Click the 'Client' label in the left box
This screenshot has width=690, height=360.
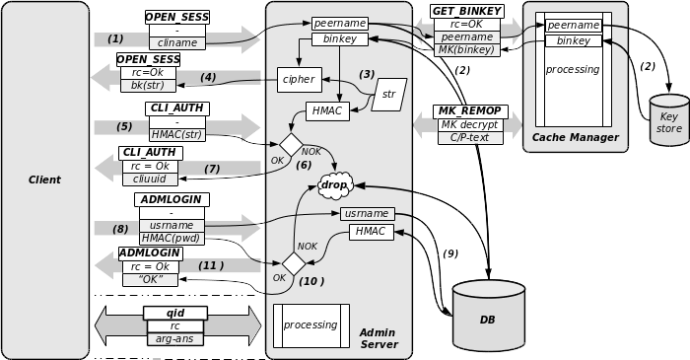pyautogui.click(x=44, y=180)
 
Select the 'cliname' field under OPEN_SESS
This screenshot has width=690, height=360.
pyautogui.click(x=177, y=43)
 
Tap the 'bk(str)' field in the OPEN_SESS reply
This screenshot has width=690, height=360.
pyautogui.click(x=148, y=86)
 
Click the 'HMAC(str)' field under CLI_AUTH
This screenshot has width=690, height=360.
pyautogui.click(x=177, y=134)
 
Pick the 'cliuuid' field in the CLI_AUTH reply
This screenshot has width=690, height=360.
pyautogui.click(x=150, y=180)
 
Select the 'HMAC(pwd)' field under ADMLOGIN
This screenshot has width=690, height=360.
pyautogui.click(x=172, y=239)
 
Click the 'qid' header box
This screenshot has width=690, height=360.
pyautogui.click(x=175, y=313)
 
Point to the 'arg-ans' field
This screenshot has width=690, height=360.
pyautogui.click(x=175, y=339)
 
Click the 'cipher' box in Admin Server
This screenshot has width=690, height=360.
pyautogui.click(x=299, y=79)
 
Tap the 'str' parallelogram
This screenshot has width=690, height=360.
pyautogui.click(x=388, y=95)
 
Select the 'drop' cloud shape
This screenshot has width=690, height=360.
pyautogui.click(x=335, y=184)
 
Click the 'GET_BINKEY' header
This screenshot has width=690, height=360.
pyautogui.click(x=467, y=11)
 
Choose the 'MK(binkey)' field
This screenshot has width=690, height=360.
pyautogui.click(x=466, y=49)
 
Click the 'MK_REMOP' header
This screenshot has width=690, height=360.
pyautogui.click(x=470, y=111)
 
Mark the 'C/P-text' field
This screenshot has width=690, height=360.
pyautogui.click(x=470, y=138)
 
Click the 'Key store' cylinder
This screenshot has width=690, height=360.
pyautogui.click(x=669, y=122)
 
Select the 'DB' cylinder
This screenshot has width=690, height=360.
pyautogui.click(x=488, y=318)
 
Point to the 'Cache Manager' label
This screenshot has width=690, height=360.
pyautogui.click(x=576, y=138)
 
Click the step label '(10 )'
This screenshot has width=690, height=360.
pyautogui.click(x=311, y=281)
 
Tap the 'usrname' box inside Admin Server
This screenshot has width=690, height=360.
pyautogui.click(x=367, y=214)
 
